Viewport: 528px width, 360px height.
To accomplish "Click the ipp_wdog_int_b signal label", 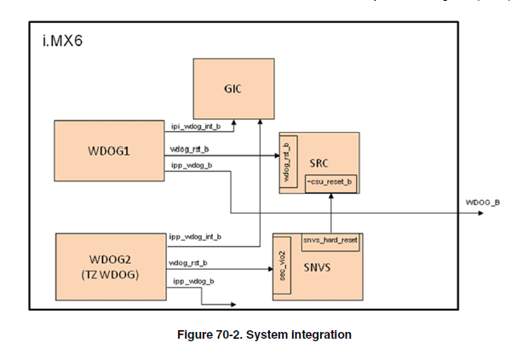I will pos(196,236).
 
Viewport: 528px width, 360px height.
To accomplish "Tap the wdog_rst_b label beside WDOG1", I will pos(190,149).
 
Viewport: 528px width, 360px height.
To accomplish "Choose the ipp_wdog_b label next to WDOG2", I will pos(192,280).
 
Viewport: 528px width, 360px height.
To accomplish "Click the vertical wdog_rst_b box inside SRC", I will pos(289,159).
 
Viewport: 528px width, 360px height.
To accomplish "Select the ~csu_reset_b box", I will pos(330,182).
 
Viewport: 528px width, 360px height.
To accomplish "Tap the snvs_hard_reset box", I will pos(330,240).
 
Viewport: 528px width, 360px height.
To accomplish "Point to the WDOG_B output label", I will pos(482,203).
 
